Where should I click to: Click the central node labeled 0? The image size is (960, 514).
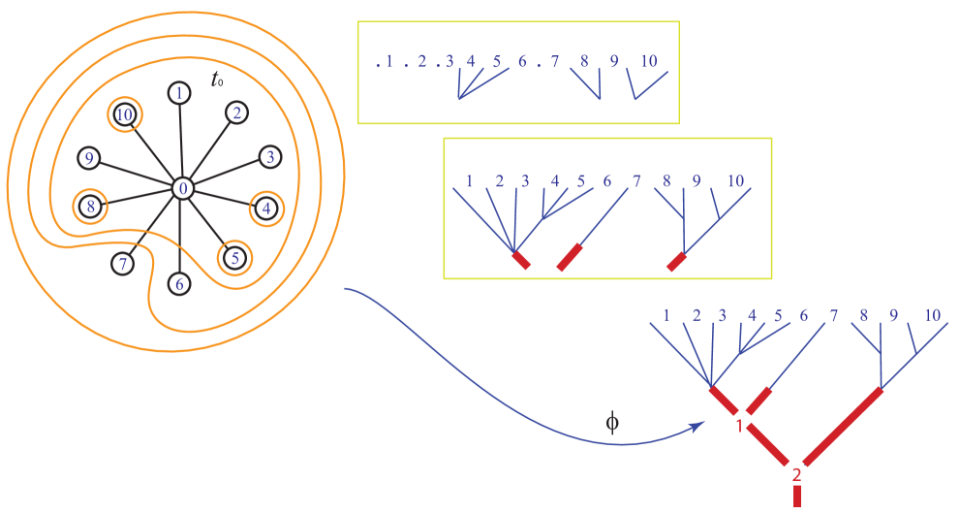click(182, 188)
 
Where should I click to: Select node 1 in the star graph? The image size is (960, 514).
click(179, 93)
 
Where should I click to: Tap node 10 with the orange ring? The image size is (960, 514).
click(124, 115)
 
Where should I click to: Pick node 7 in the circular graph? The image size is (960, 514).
click(122, 264)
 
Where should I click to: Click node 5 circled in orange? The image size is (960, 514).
click(234, 258)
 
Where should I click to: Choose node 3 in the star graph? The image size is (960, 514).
click(270, 157)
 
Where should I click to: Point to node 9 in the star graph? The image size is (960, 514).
click(89, 158)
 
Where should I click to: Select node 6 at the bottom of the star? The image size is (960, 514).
click(179, 284)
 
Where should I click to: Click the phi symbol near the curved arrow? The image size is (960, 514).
click(611, 422)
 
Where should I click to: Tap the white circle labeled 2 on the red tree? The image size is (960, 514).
click(796, 474)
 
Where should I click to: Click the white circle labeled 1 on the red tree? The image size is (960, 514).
click(741, 420)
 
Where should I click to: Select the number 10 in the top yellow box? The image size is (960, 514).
click(648, 62)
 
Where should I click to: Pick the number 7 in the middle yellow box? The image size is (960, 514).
click(636, 181)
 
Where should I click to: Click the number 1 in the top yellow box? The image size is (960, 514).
click(388, 62)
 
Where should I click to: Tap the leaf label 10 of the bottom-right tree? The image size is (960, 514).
click(932, 315)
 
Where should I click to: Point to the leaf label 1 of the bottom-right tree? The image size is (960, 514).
click(666, 315)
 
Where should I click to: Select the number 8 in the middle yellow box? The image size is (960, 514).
click(666, 181)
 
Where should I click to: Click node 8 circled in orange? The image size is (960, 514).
click(90, 207)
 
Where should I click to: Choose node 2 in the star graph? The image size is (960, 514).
click(236, 112)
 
